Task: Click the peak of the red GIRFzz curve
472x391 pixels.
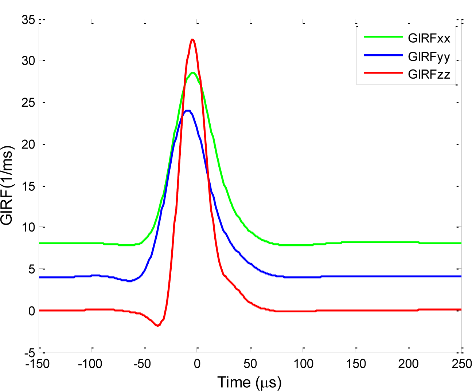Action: (192, 40)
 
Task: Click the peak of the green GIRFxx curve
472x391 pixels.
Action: (193, 73)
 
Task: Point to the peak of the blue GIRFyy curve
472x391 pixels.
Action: (188, 111)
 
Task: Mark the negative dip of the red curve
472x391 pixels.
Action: (158, 325)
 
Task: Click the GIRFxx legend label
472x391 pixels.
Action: (429, 38)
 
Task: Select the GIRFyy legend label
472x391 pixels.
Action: (429, 57)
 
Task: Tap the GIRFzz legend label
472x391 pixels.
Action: (429, 75)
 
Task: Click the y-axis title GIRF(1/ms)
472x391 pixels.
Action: (8, 185)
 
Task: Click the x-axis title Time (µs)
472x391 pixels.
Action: (249, 382)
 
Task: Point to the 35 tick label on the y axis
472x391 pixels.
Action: (28, 20)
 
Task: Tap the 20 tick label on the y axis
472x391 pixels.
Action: (28, 145)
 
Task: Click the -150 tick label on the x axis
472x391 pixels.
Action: (38, 364)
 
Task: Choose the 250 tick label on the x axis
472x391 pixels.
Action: (461, 364)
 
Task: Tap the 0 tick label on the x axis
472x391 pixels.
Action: (197, 364)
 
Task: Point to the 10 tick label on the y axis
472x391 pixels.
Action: (28, 228)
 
